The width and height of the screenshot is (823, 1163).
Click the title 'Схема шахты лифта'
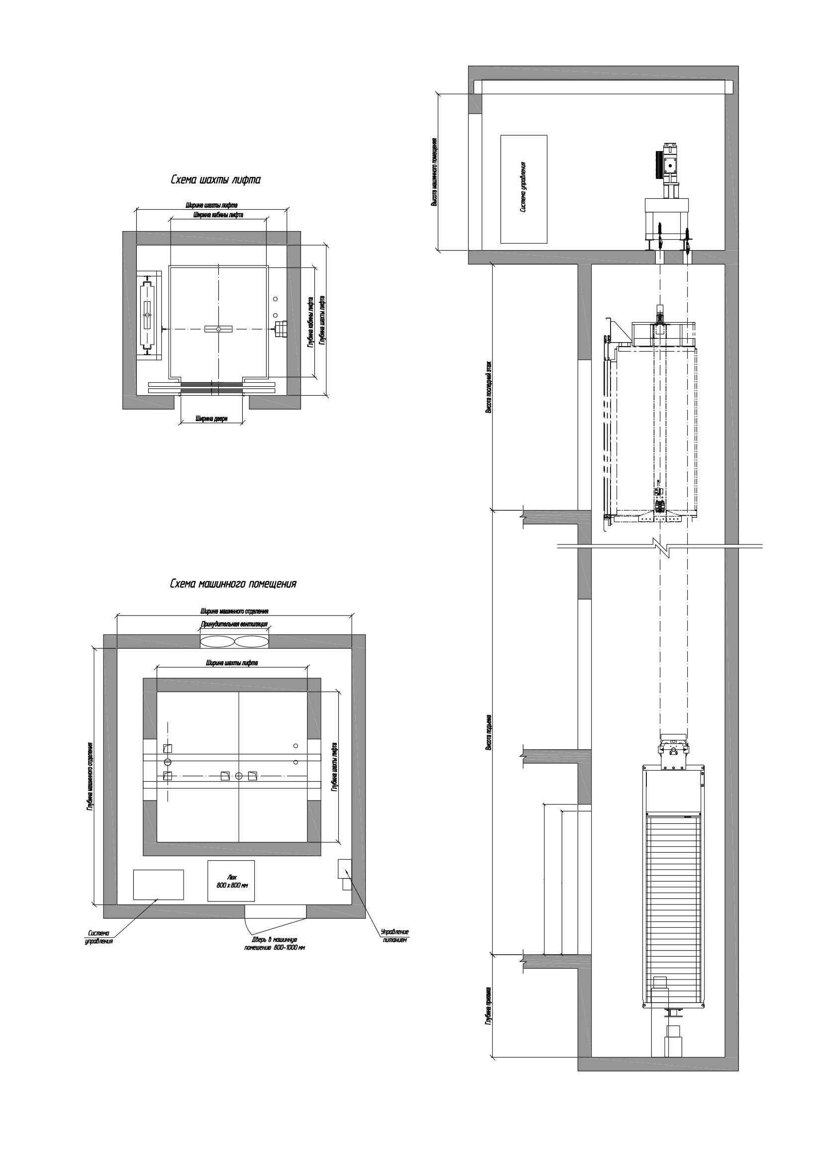click(x=215, y=180)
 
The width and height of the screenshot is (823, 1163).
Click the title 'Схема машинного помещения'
click(x=233, y=584)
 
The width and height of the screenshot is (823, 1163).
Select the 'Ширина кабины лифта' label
click(x=218, y=215)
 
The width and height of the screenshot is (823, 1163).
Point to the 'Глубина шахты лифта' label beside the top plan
click(x=323, y=321)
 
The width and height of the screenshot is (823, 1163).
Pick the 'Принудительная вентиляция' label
click(x=234, y=625)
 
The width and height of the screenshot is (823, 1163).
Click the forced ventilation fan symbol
click(x=234, y=641)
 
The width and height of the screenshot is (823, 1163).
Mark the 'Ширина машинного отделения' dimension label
click(x=234, y=612)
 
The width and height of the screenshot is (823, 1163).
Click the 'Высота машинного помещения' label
click(x=434, y=172)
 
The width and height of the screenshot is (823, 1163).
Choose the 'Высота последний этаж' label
click(x=489, y=387)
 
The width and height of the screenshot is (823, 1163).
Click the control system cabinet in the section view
click(x=523, y=188)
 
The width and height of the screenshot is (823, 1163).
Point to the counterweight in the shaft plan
click(x=147, y=316)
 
